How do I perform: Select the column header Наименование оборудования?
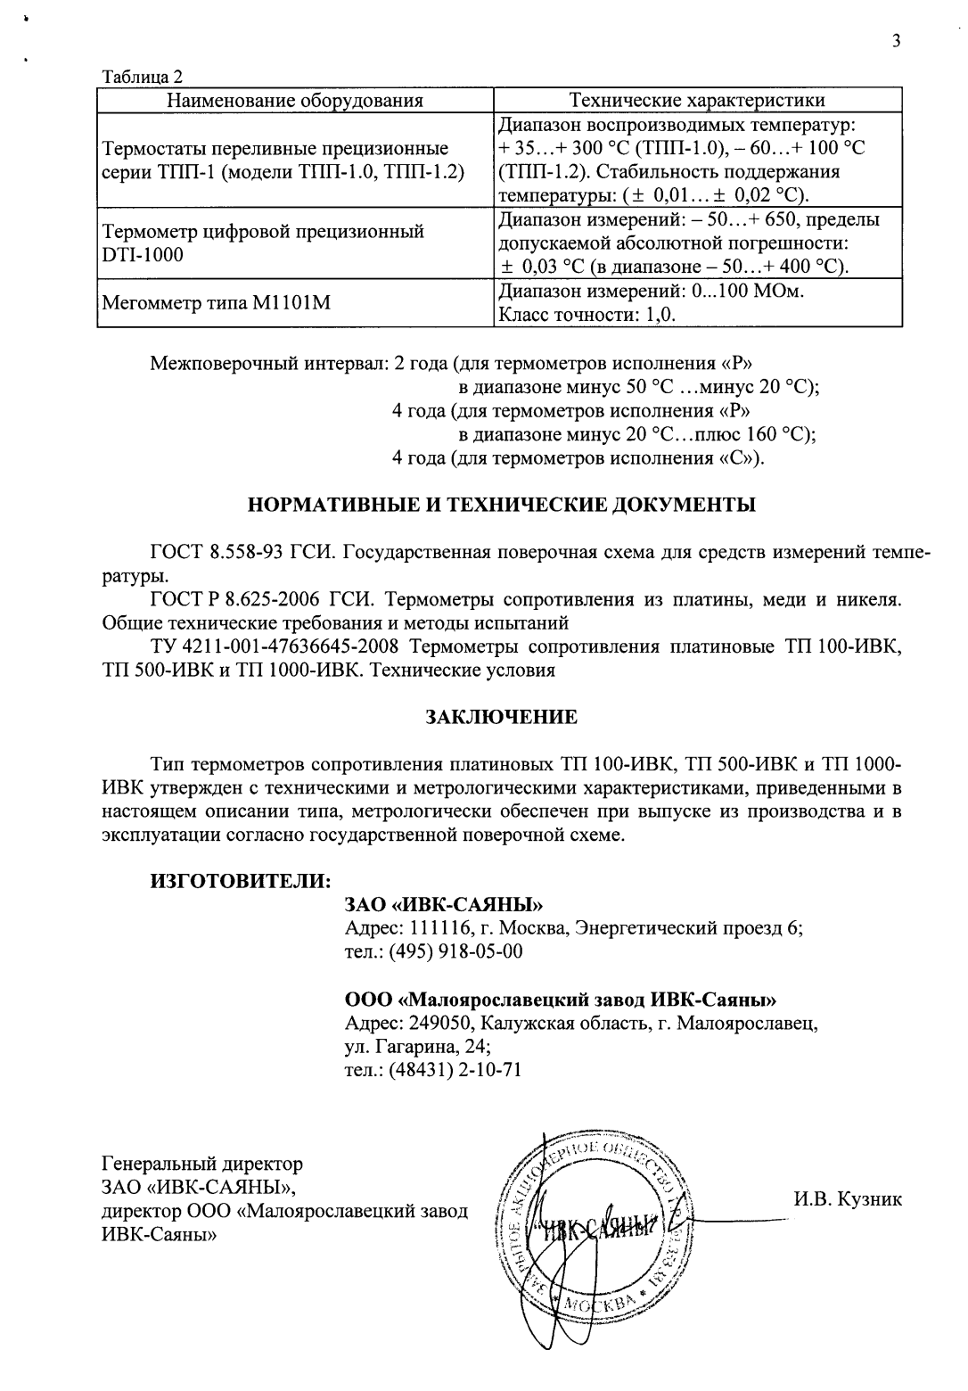tap(295, 100)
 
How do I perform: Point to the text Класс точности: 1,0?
tap(586, 315)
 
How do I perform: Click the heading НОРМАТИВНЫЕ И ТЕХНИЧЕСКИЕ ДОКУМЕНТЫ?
tap(501, 505)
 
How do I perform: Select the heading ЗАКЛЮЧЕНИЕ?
tap(501, 717)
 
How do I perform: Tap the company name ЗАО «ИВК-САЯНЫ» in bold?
tap(444, 905)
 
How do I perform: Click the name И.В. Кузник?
tap(847, 1199)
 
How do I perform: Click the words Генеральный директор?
tap(202, 1164)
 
